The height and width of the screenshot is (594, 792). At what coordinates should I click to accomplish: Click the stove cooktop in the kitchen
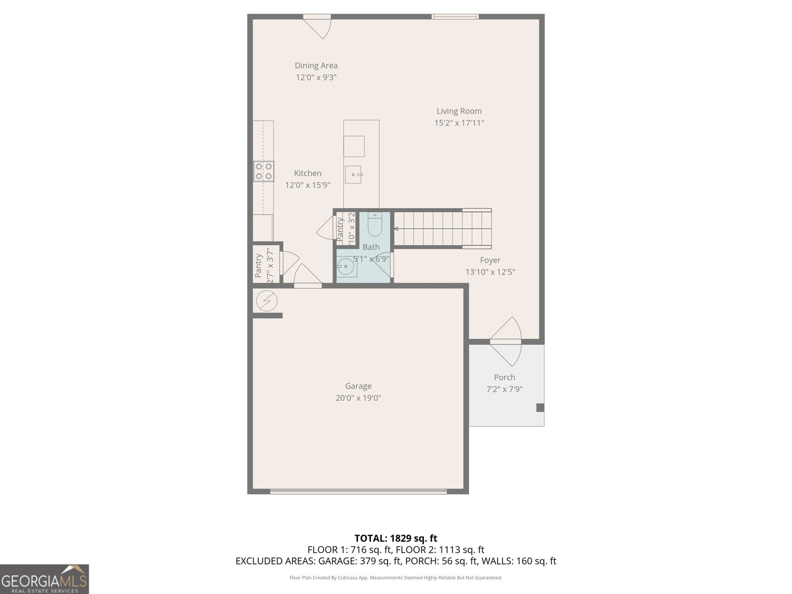(x=263, y=171)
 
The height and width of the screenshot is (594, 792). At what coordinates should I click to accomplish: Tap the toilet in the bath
(x=375, y=225)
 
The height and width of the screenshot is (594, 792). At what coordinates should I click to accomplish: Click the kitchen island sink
(x=354, y=174)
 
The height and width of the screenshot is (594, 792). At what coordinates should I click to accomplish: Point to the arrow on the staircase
(x=396, y=229)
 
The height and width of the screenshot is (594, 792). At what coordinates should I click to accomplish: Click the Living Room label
(x=459, y=111)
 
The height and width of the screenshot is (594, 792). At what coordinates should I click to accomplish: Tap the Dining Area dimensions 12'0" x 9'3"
(x=316, y=77)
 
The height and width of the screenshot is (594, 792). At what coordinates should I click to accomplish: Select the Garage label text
(x=358, y=386)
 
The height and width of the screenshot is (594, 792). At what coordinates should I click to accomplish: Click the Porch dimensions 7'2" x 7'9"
(x=504, y=389)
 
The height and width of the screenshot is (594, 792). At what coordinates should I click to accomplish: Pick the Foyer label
(x=490, y=260)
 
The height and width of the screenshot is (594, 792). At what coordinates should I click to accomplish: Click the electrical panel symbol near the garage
(x=267, y=300)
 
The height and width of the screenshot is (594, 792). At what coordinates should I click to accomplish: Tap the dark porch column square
(x=540, y=408)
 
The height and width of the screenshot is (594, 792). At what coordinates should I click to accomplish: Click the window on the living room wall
(x=455, y=17)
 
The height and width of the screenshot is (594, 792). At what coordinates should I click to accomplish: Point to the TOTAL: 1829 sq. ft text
(x=396, y=538)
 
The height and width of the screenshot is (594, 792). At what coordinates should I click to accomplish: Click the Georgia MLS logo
(x=44, y=579)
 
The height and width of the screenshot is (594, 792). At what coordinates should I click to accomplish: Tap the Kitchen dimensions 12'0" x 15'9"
(x=307, y=185)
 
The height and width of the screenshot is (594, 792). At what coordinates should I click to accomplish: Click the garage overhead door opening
(x=358, y=492)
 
